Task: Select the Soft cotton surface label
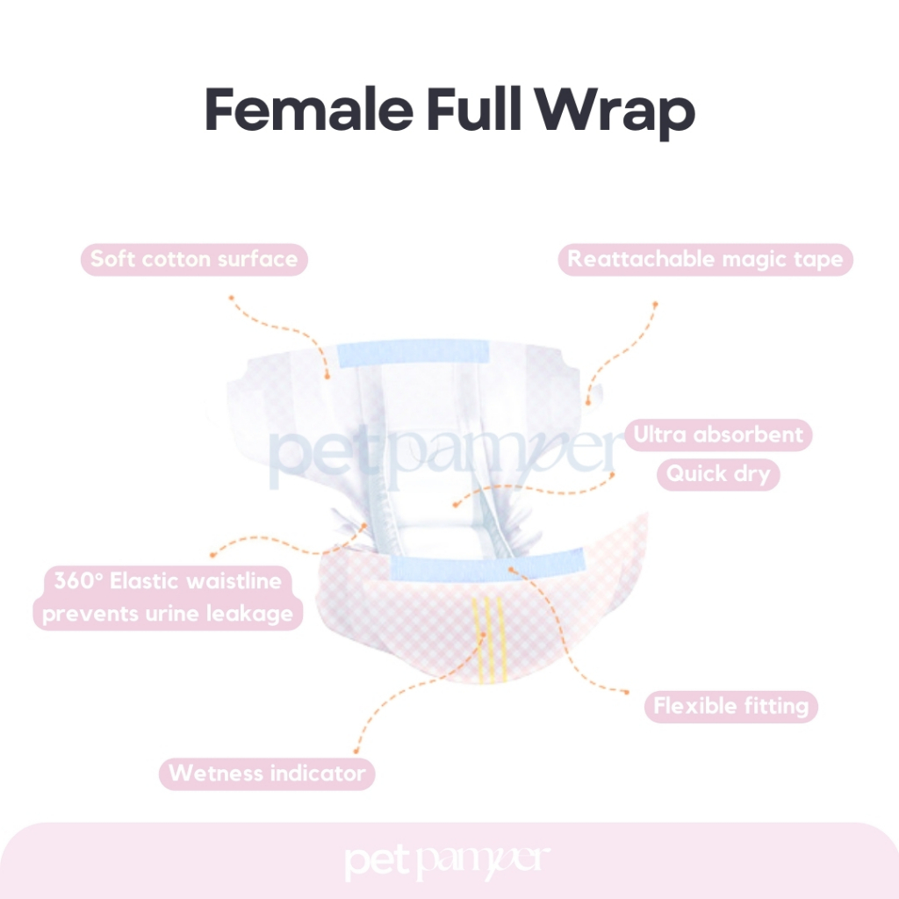[x=194, y=259]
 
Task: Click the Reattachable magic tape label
[x=705, y=259]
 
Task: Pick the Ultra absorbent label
[x=717, y=435]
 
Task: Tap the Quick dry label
[x=717, y=474]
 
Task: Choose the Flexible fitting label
[x=730, y=706]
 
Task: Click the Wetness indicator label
[x=267, y=773]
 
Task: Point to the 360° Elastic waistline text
[x=168, y=581]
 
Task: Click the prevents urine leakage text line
[x=168, y=613]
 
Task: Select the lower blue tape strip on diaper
[x=487, y=565]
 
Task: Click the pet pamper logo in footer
[x=449, y=861]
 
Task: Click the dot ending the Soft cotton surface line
[x=230, y=298]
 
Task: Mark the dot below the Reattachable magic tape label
[x=655, y=303]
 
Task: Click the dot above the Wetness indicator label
[x=355, y=752]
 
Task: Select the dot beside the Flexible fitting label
[x=627, y=692]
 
